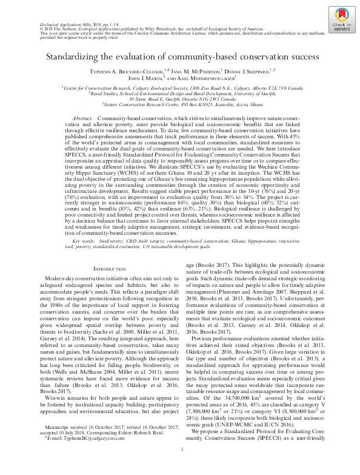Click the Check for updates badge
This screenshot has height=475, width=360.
(x=338, y=23)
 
